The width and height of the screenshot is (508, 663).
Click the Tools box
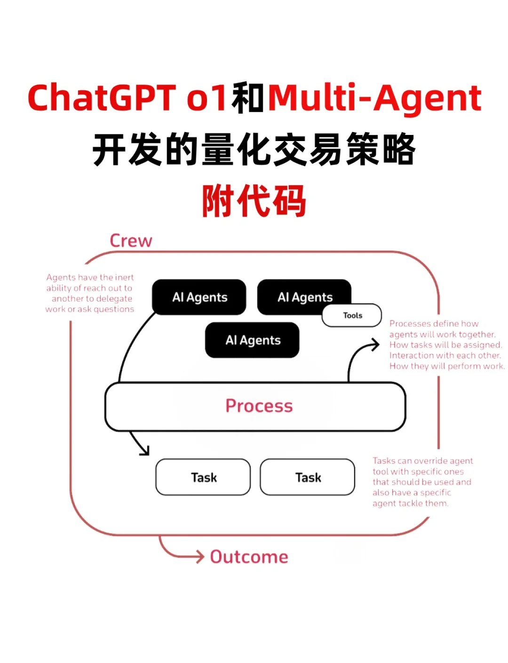352,316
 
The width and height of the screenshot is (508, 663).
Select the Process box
255,406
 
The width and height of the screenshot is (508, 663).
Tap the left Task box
203,477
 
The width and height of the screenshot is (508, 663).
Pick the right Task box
308,477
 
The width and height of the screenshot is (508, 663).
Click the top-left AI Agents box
199,297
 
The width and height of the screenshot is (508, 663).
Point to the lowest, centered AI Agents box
253,340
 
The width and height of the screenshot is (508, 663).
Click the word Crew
131,241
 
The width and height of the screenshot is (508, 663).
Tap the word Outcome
249,557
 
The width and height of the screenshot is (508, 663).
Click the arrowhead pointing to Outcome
200,557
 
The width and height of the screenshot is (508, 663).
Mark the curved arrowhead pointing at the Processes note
375,345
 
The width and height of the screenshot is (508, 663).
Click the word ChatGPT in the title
102,98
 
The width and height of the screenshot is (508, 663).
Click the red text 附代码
254,201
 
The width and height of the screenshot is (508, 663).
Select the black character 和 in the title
248,98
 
